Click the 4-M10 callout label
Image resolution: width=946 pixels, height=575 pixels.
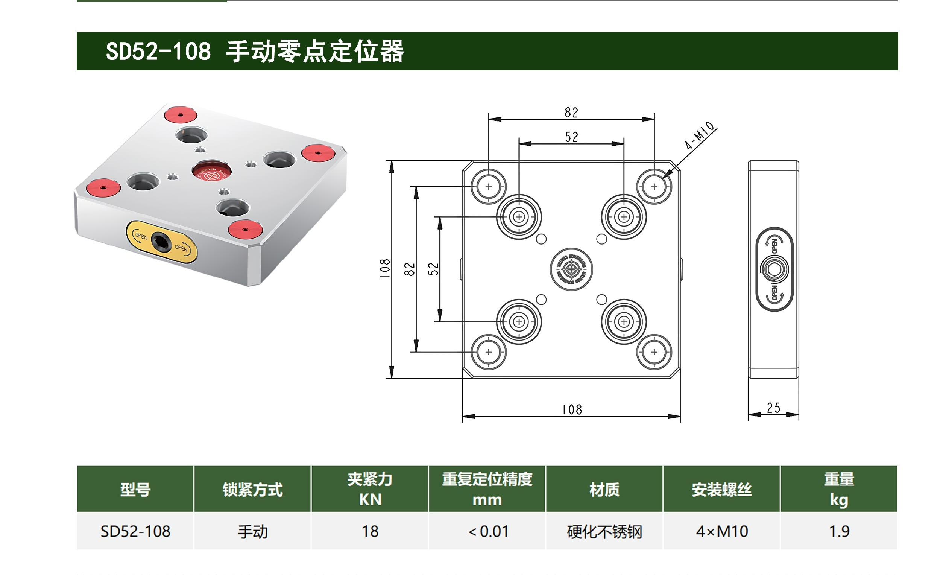(x=700, y=135)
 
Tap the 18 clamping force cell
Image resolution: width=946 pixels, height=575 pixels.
(x=370, y=532)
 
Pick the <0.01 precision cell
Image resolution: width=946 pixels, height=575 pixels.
(x=487, y=532)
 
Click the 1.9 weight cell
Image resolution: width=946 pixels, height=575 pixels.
(x=839, y=532)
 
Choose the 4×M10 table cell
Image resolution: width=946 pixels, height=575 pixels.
(x=722, y=532)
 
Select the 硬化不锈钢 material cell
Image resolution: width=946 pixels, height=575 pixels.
(x=604, y=532)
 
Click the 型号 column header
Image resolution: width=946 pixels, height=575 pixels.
(x=135, y=490)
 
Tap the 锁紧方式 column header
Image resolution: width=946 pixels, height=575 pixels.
(x=253, y=490)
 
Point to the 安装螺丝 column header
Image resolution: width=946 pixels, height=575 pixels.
(x=722, y=490)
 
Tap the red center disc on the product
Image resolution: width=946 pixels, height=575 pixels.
(x=211, y=172)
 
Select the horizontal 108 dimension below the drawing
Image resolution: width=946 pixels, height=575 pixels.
(x=572, y=409)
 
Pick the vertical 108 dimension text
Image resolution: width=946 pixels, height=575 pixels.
(x=385, y=268)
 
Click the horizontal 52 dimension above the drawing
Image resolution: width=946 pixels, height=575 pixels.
(x=571, y=137)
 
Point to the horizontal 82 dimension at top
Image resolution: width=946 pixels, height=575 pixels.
(x=571, y=113)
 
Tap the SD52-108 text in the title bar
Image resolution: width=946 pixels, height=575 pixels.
(x=158, y=51)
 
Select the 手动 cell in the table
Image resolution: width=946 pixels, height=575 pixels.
(x=253, y=532)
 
